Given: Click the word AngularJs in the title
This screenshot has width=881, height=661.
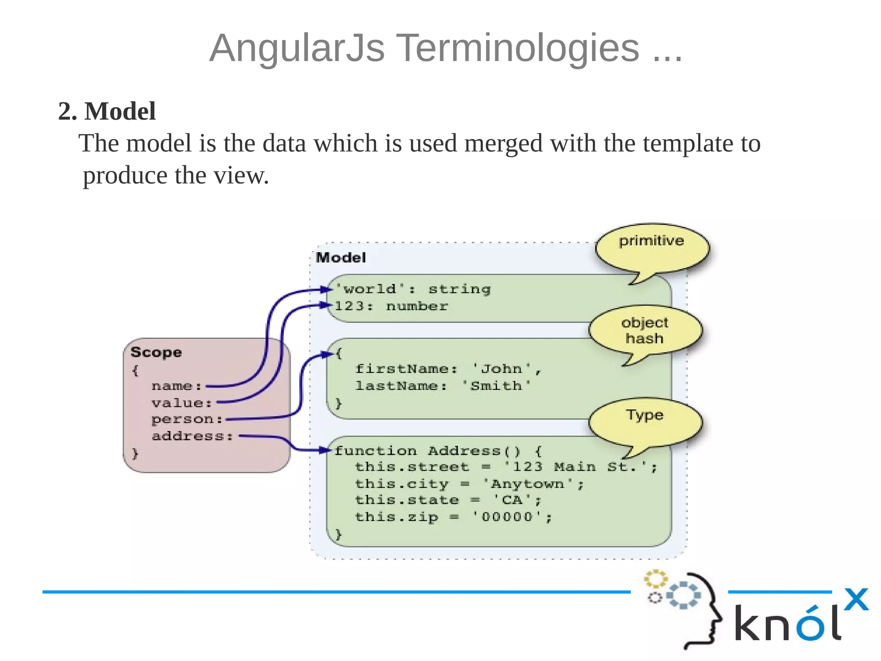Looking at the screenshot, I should (x=297, y=48).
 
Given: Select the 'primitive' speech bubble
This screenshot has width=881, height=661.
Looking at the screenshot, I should (x=651, y=247).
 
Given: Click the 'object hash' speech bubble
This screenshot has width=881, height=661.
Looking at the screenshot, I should (x=644, y=330).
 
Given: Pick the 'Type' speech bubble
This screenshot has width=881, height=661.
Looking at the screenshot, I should (x=644, y=420).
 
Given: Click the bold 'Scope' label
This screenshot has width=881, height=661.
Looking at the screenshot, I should (x=156, y=352).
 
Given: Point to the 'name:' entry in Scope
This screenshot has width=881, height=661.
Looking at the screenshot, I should (x=176, y=386).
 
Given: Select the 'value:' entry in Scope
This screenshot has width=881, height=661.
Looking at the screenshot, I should (x=182, y=403).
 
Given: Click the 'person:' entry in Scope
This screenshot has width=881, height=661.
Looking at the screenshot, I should (x=187, y=419).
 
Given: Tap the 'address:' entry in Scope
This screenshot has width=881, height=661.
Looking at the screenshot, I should (x=192, y=436).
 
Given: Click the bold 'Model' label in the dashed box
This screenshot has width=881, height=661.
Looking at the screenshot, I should (x=341, y=258).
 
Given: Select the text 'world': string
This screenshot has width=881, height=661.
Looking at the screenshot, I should (x=413, y=289).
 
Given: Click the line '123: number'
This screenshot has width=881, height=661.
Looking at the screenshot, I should (x=391, y=306).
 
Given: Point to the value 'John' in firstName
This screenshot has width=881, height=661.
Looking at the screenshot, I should (x=502, y=369).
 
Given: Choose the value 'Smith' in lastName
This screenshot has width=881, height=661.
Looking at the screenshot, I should (x=496, y=386).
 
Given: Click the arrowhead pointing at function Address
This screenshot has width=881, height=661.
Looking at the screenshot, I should (x=326, y=451).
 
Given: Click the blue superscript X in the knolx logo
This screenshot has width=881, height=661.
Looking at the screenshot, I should (x=856, y=599).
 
